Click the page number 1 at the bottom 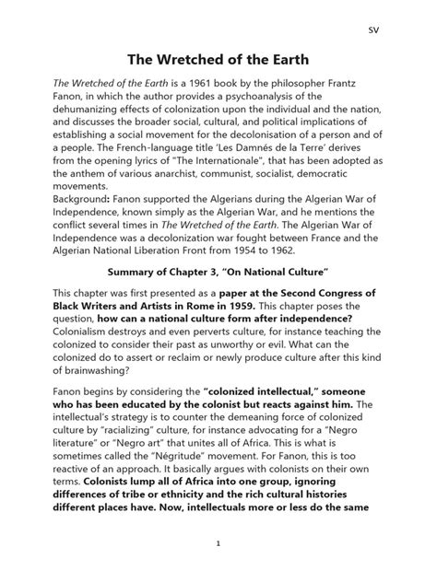218,570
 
